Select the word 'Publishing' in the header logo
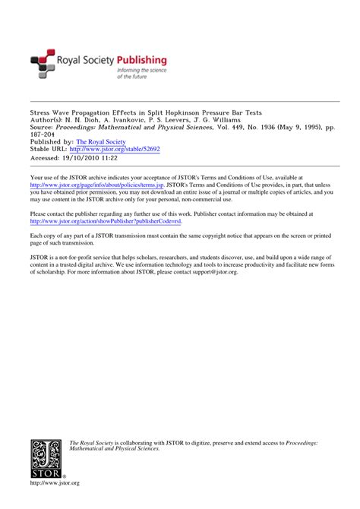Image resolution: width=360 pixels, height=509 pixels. (142, 59)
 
